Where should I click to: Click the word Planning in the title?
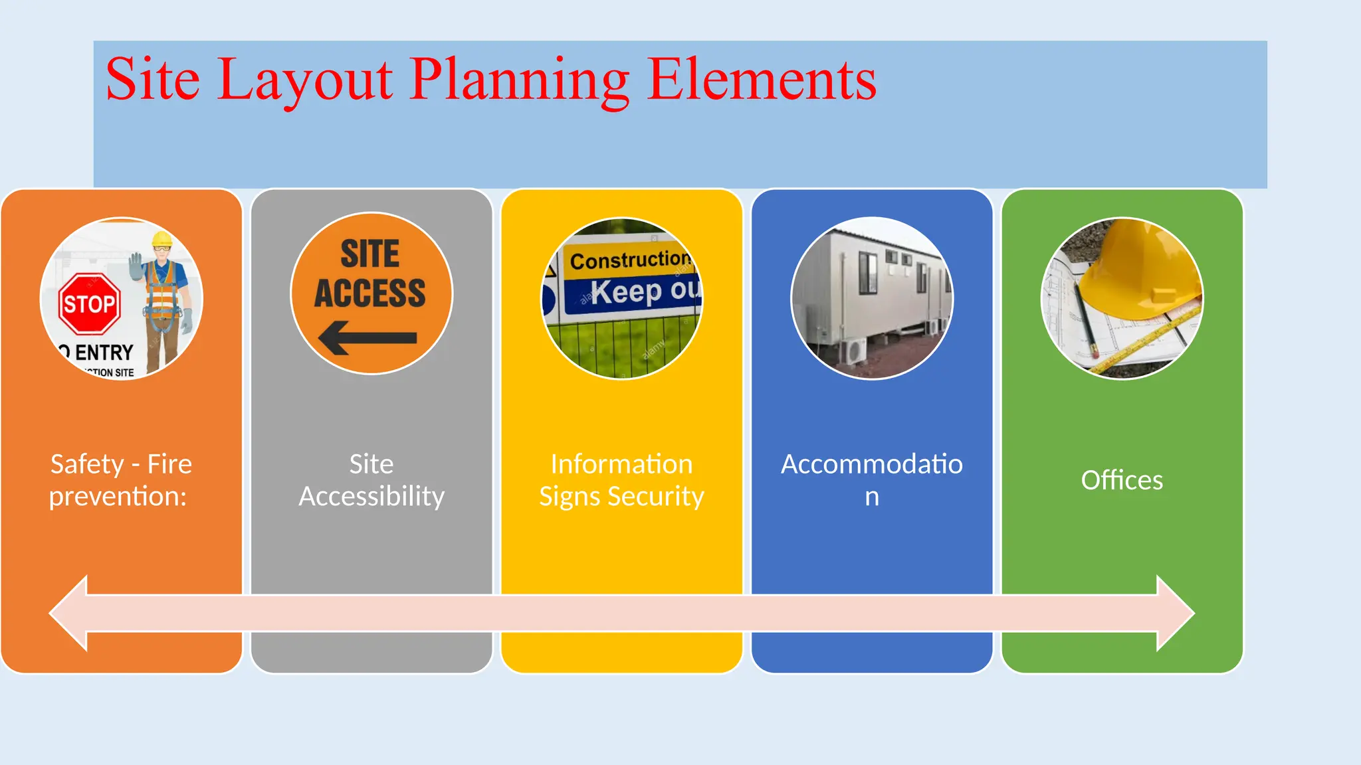[519, 81]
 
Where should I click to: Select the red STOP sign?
[90, 303]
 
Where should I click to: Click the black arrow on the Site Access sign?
[367, 337]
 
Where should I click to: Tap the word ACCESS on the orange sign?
[370, 294]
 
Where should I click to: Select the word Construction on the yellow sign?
[629, 260]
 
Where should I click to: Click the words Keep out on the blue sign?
[645, 291]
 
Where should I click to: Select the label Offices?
[1122, 480]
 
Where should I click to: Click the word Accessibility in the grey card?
[371, 497]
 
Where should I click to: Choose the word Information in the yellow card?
[621, 464]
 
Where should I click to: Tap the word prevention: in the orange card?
[118, 497]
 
